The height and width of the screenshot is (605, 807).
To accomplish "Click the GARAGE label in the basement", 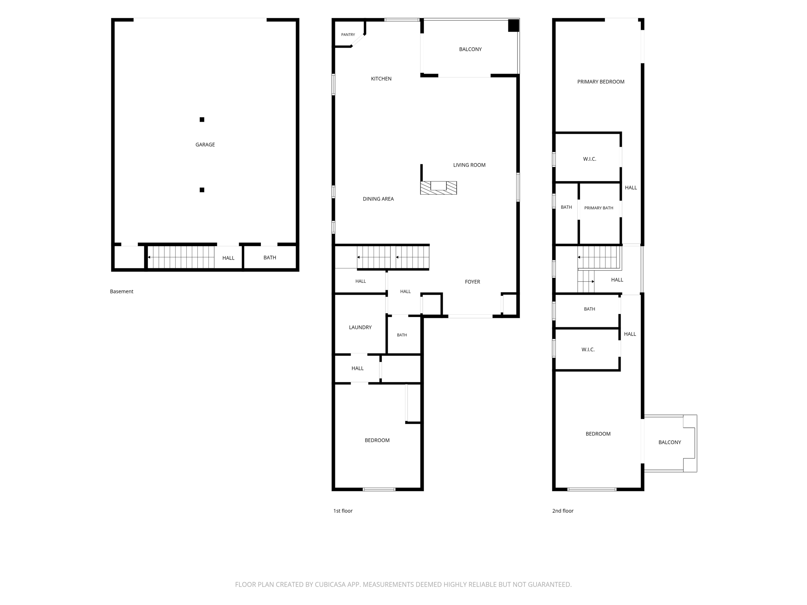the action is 205,145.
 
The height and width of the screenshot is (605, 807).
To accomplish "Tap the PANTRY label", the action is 348,35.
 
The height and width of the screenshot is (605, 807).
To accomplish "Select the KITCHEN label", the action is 381,79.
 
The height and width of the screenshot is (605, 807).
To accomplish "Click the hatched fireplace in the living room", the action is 438,187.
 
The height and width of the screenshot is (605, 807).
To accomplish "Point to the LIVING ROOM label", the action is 469,165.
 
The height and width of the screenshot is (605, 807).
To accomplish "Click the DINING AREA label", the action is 378,199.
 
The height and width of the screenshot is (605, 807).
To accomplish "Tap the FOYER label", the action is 472,282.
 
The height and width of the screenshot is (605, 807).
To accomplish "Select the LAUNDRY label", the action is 360,327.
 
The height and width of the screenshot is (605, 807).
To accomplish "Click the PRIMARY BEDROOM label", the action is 601,82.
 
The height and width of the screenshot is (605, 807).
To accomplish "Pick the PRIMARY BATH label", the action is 599,208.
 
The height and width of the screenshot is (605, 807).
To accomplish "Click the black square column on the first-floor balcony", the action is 513,26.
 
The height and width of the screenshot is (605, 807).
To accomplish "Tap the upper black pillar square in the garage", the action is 202,119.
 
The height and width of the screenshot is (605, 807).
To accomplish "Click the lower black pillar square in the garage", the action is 202,190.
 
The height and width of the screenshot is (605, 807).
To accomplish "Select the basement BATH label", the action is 270,258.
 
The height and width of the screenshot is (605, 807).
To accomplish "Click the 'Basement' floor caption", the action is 121,291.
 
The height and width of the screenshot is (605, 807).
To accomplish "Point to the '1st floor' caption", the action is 343,511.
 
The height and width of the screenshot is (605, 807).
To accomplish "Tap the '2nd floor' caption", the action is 563,511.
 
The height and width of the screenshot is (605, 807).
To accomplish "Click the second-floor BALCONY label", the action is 669,442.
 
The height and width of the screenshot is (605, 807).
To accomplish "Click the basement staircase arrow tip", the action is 148,257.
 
